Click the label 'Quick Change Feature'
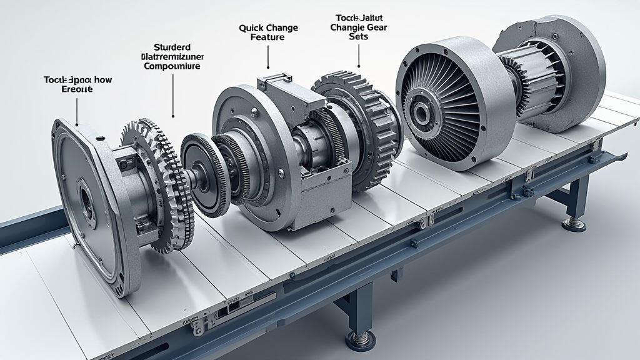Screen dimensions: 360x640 (x=268, y=32)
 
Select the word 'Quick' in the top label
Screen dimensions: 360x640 (x=251, y=28)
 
